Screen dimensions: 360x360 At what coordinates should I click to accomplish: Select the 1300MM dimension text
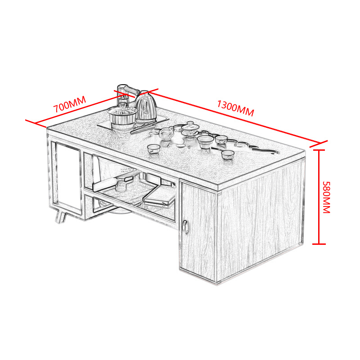[x=235, y=108]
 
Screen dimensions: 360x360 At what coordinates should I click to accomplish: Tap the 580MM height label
[x=326, y=197]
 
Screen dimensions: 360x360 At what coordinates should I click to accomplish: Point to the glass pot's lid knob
[x=122, y=106]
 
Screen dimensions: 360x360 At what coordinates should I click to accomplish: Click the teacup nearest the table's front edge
[x=153, y=149]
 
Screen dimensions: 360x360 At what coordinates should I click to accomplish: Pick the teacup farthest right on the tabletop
[x=228, y=155]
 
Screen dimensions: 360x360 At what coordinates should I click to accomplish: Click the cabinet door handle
[x=185, y=227]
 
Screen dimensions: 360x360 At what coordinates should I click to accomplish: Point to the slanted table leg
[x=61, y=217]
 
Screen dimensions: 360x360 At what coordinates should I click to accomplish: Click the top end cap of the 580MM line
[x=319, y=150]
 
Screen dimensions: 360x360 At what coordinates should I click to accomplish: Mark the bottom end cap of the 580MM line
[x=319, y=244]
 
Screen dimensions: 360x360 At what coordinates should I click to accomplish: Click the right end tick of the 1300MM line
[x=319, y=144]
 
